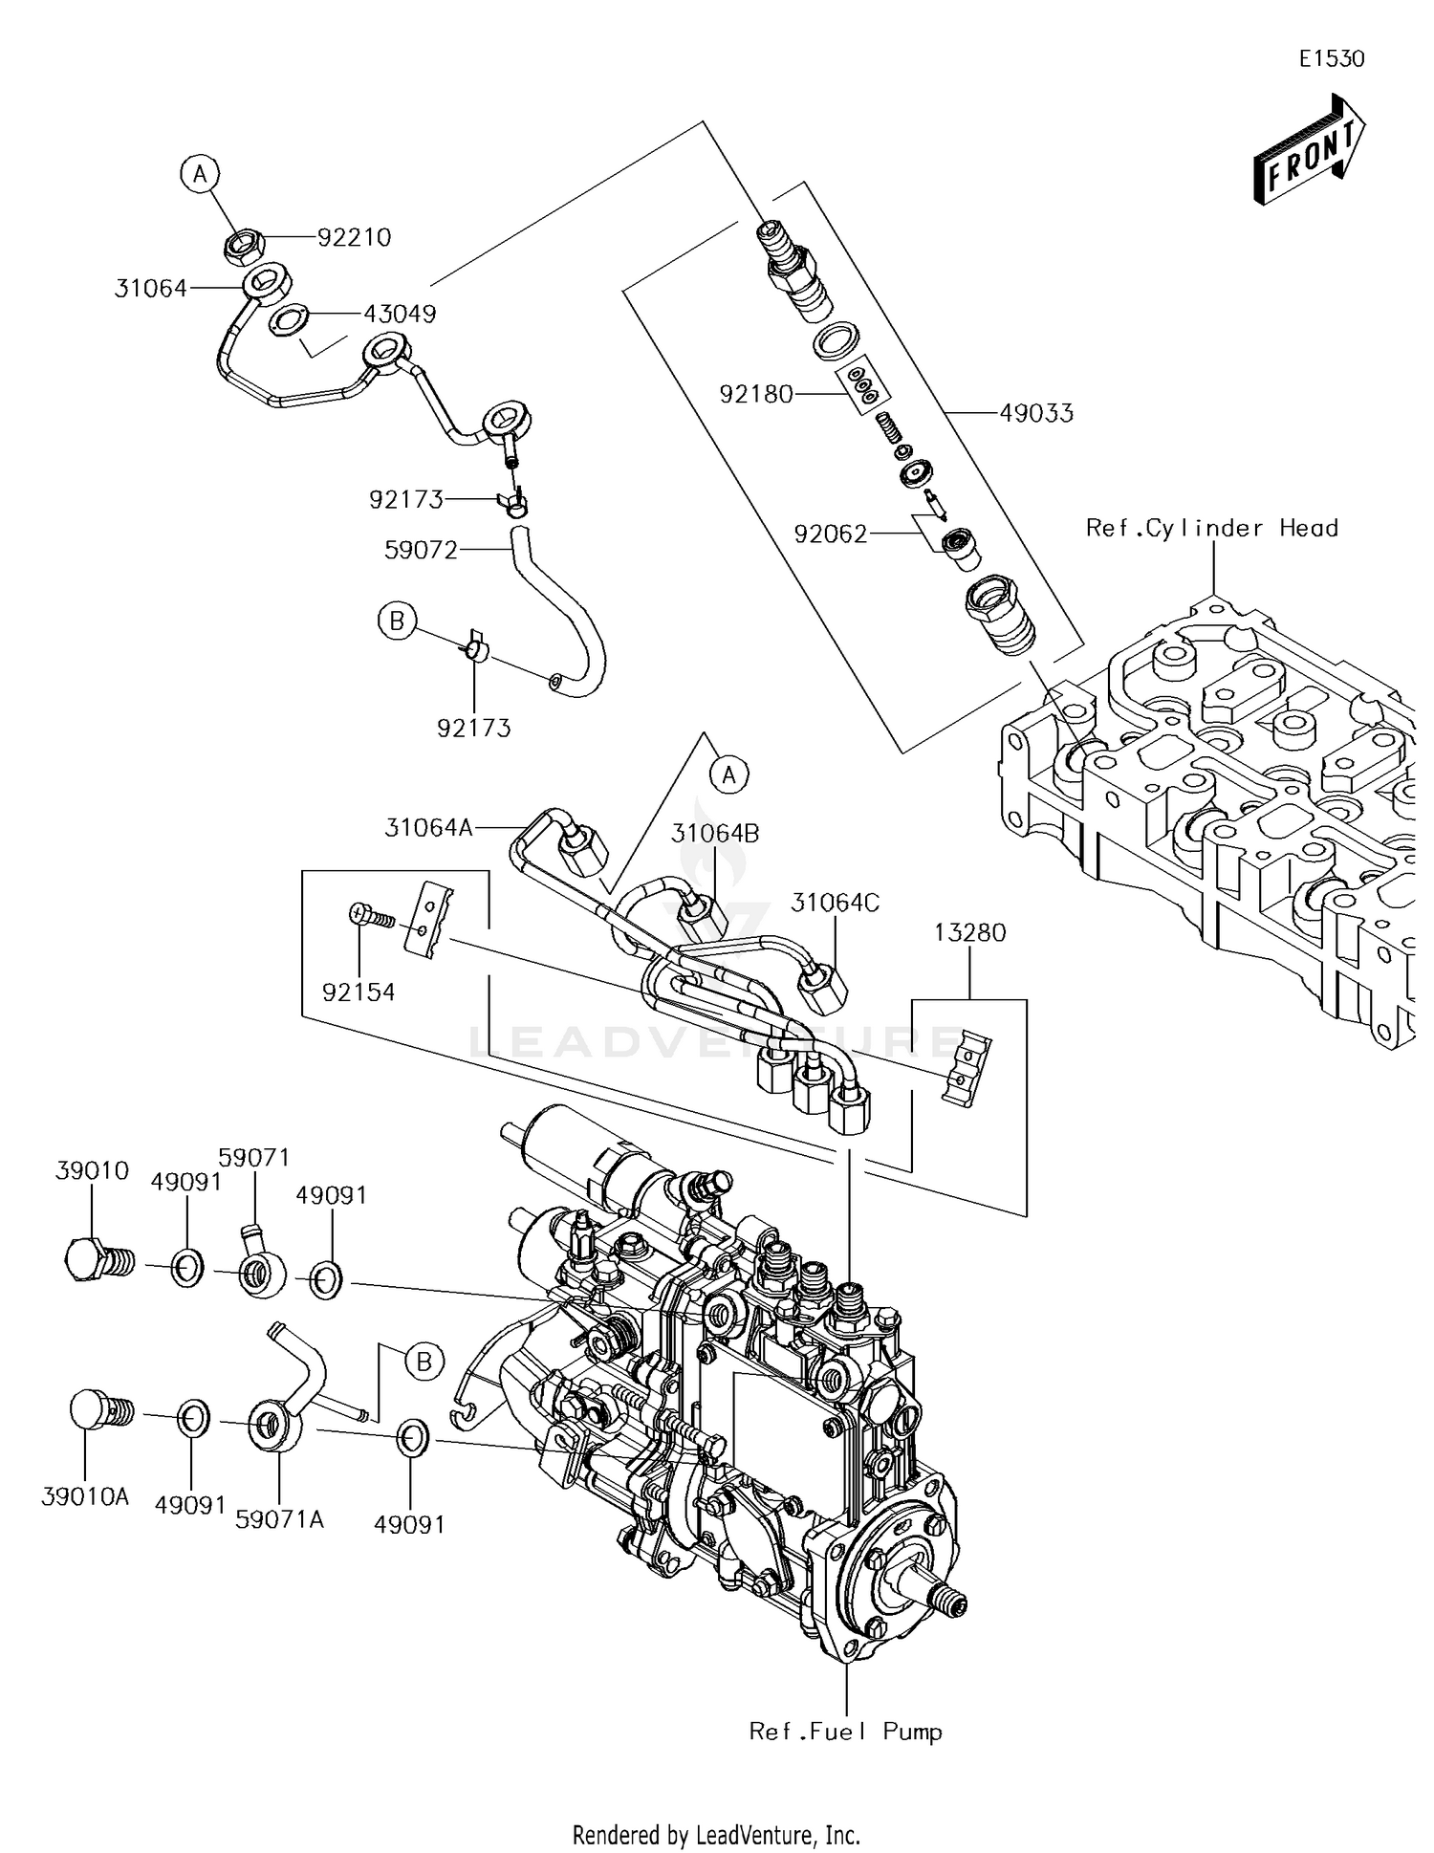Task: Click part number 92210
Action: tap(354, 237)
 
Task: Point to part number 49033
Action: tap(1036, 413)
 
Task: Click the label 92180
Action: tap(756, 394)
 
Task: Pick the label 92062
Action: tap(830, 534)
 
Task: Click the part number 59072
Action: tap(421, 550)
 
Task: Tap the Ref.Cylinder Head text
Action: tap(1211, 528)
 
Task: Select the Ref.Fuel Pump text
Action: tap(845, 1731)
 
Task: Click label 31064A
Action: tap(429, 827)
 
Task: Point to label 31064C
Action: tap(835, 903)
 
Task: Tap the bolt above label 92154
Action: tap(369, 915)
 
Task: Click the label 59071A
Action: tap(279, 1517)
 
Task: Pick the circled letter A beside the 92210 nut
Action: tap(199, 174)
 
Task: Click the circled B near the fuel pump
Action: tap(424, 1361)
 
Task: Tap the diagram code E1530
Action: tap(1331, 58)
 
